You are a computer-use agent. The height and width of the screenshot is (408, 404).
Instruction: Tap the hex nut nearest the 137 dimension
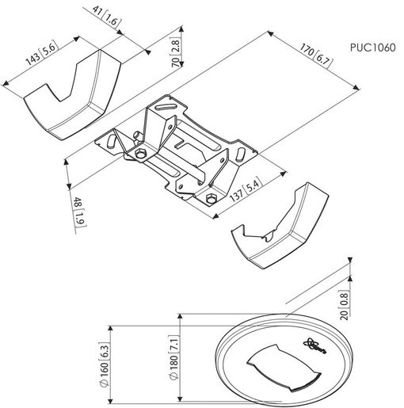(211, 199)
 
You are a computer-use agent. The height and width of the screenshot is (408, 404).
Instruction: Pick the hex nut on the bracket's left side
(141, 153)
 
